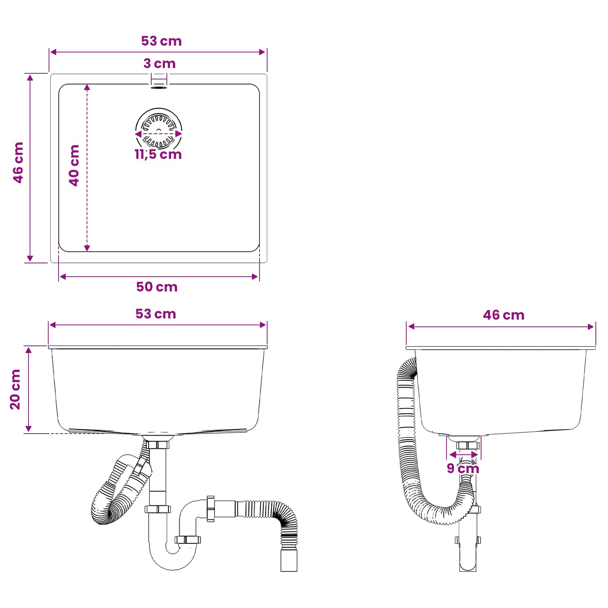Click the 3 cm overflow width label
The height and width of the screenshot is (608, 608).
pos(160,63)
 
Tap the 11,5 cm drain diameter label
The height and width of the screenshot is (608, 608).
pos(158,154)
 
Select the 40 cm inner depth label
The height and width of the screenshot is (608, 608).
pos(74,165)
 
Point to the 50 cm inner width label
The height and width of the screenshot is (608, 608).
pos(157,287)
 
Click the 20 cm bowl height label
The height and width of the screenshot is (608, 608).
pos(15,389)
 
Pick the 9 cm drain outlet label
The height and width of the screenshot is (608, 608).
pos(463,468)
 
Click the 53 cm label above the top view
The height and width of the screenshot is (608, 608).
pos(161,41)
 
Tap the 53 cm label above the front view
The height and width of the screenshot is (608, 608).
pos(156,314)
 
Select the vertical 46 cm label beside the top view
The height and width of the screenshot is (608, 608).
pos(18,163)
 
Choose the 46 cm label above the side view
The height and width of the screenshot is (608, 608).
pos(503,315)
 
